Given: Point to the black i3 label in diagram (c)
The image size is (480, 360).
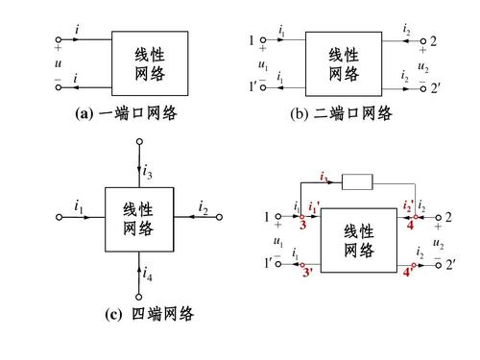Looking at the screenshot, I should pos(147,173).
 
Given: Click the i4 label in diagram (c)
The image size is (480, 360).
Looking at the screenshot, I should pos(147,275).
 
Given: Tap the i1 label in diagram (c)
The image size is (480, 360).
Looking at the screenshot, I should pos(79,205).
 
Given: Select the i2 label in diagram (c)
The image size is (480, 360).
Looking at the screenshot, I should pos(204,205).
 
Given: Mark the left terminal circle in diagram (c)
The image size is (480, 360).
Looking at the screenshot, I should pos(59,218).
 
